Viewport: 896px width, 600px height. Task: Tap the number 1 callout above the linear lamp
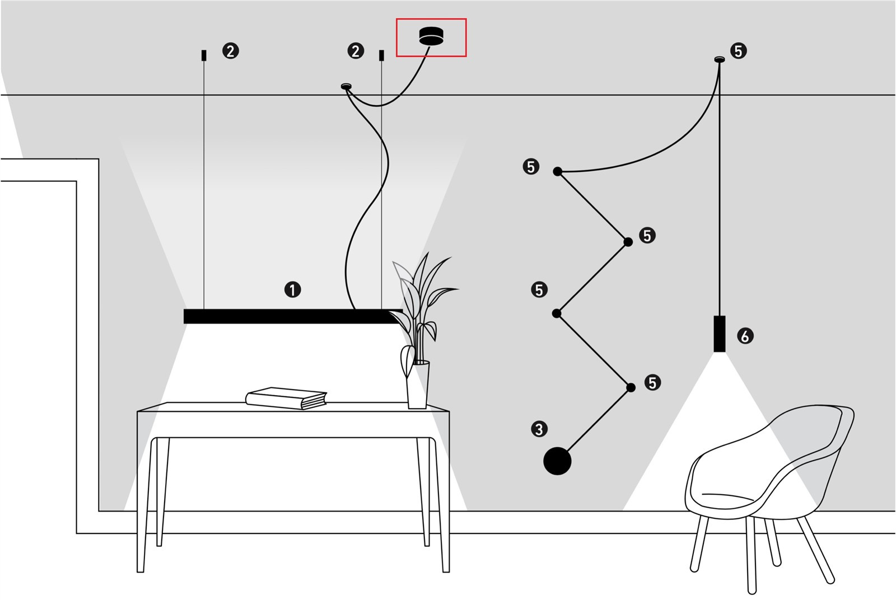[x=292, y=289]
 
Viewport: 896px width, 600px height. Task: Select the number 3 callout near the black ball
[x=539, y=429]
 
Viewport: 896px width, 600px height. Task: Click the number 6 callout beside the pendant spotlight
[x=745, y=336]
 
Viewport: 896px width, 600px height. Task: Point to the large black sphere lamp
[x=557, y=461]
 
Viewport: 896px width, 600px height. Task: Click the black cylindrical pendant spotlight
[x=720, y=334]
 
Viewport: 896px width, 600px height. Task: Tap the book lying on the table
[x=286, y=398]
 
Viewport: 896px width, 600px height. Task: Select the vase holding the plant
[x=418, y=385]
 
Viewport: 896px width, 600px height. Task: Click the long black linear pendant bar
[x=292, y=316]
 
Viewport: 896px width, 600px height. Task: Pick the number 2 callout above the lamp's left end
[x=230, y=51]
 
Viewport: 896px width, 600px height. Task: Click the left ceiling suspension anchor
[x=204, y=55]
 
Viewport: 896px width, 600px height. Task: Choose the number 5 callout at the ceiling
[x=739, y=51]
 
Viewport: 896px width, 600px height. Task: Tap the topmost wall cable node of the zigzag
[x=557, y=171]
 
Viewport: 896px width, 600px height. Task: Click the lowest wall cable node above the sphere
[x=631, y=387]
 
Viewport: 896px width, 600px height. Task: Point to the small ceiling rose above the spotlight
[x=718, y=59]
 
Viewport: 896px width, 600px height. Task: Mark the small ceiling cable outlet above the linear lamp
[x=347, y=86]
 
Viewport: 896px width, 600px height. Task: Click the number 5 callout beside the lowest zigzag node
[x=652, y=383]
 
